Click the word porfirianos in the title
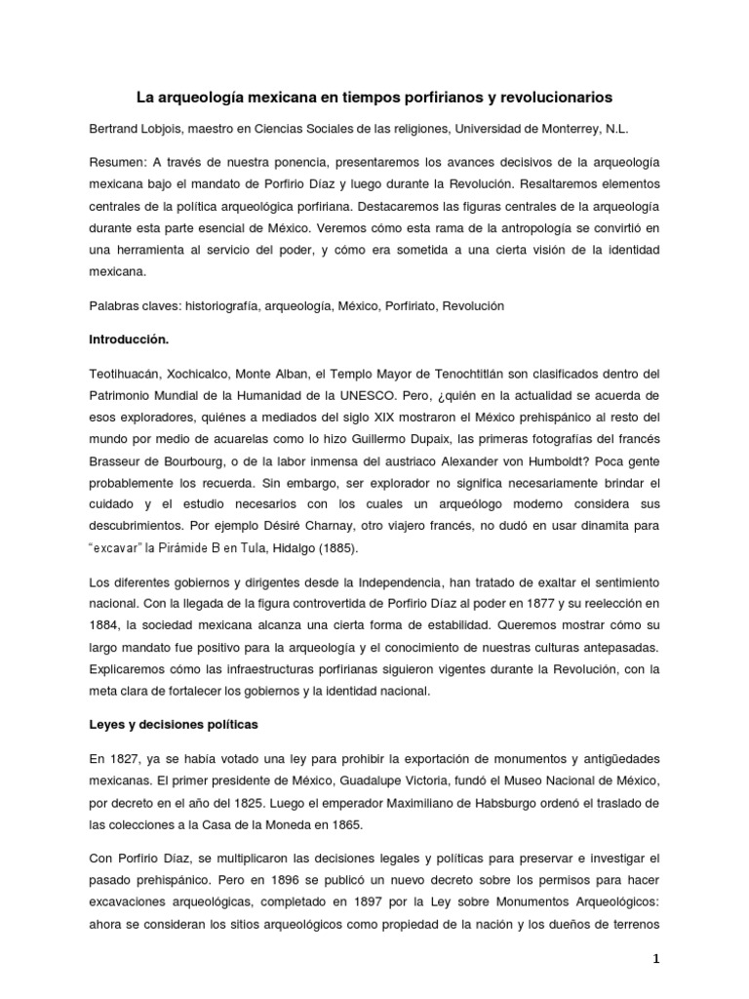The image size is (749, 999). point(484,98)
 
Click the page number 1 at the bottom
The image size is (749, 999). point(657,960)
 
